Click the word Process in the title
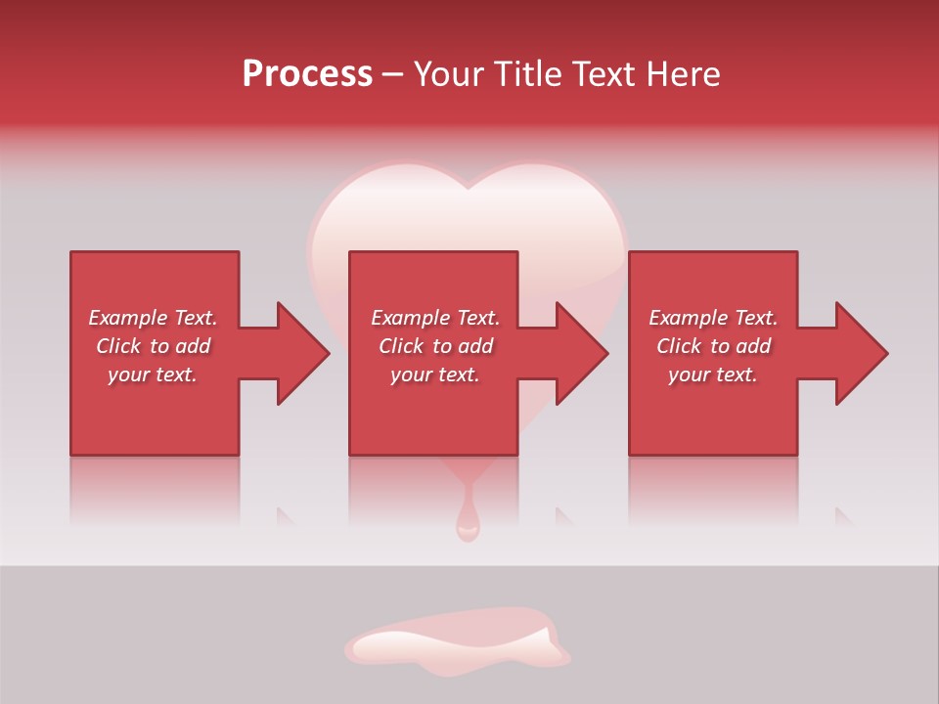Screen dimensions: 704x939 click(307, 74)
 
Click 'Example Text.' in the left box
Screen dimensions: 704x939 click(153, 318)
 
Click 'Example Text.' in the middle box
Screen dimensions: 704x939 click(435, 318)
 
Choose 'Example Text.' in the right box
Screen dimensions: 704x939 click(713, 318)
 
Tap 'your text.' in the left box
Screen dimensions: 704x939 click(153, 374)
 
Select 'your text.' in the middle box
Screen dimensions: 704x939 click(435, 374)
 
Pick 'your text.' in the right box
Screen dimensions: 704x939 click(713, 374)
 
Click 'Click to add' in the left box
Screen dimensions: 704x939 click(153, 346)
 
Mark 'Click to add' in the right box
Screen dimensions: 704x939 click(713, 346)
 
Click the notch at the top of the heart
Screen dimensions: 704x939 click(468, 186)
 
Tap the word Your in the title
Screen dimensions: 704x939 click(449, 74)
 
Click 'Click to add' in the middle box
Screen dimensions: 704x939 click(435, 346)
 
